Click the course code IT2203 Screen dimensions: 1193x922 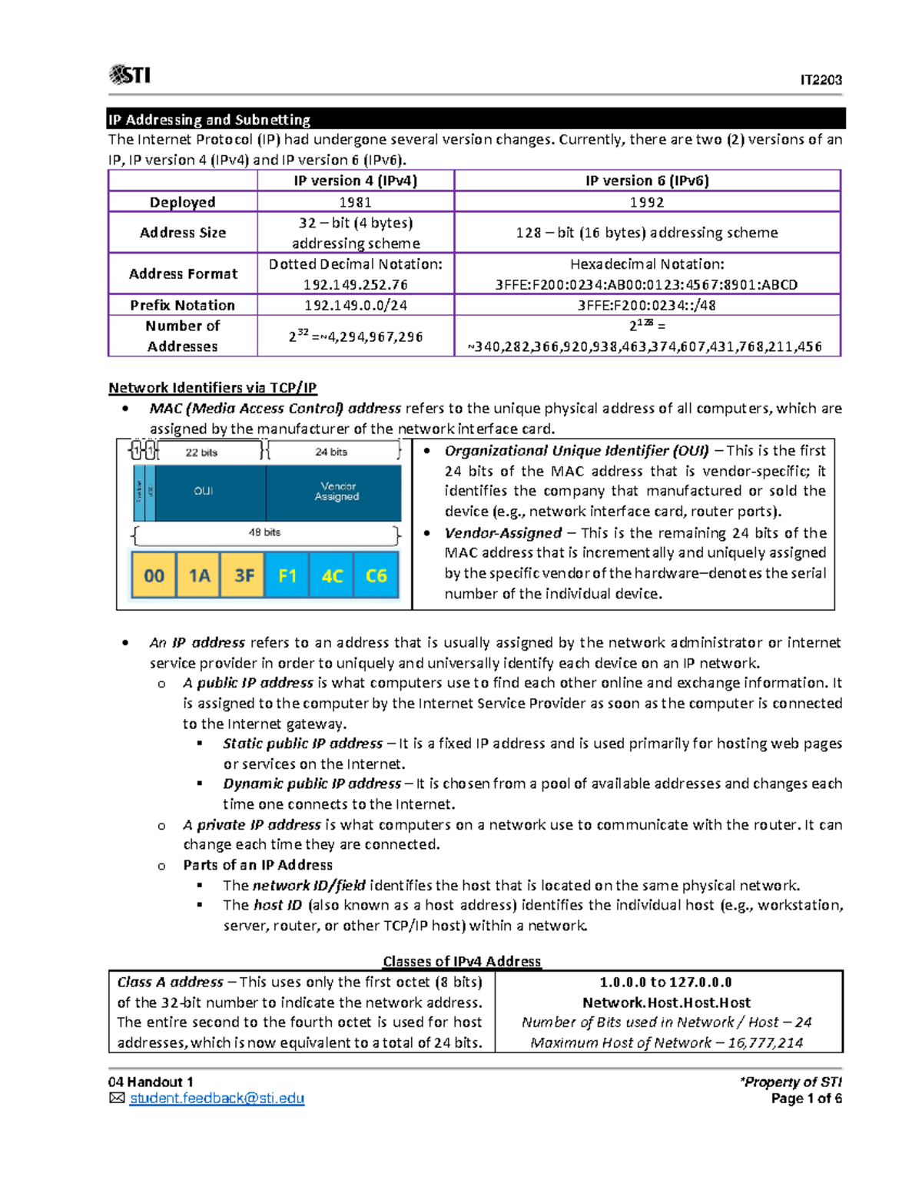coord(821,80)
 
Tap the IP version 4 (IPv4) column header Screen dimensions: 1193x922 coord(355,181)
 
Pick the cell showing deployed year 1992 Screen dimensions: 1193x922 coord(647,202)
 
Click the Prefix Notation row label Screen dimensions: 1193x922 coord(183,305)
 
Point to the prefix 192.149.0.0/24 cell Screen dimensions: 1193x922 coord(355,305)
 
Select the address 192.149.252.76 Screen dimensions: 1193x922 coord(355,284)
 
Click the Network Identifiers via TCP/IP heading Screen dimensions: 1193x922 coord(213,388)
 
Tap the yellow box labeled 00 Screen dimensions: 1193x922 coord(154,575)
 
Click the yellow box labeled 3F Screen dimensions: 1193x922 coord(244,575)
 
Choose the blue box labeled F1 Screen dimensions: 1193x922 coord(287,575)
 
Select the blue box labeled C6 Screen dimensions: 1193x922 coord(376,575)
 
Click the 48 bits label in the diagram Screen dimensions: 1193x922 coord(264,532)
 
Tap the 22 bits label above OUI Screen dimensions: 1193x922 coord(201,452)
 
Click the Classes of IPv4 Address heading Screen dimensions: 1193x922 coord(462,961)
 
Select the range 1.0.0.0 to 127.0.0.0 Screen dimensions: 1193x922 coord(665,983)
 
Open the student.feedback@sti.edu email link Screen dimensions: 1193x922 coord(217,1099)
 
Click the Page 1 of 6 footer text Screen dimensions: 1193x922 coord(806,1099)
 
